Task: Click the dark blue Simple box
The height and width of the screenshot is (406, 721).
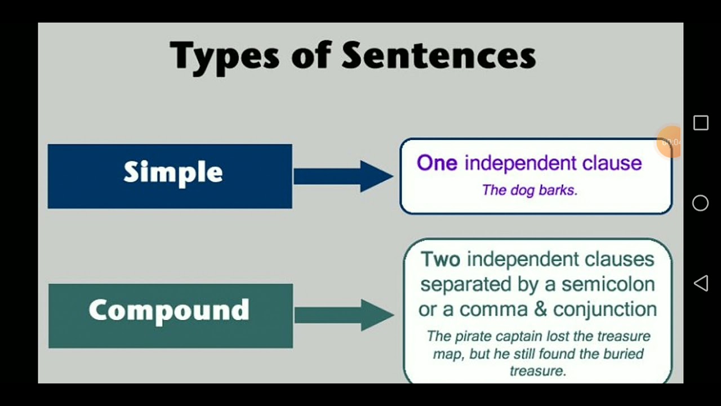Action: (x=170, y=176)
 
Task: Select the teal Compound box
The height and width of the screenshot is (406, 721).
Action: (x=170, y=315)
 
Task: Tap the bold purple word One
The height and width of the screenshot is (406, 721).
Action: (x=437, y=163)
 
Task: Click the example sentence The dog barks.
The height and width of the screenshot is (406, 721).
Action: (x=529, y=190)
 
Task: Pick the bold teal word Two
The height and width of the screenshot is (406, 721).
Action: (x=440, y=259)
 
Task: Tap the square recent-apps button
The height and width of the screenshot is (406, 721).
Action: (x=701, y=123)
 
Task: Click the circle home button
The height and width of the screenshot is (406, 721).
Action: (x=700, y=203)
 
